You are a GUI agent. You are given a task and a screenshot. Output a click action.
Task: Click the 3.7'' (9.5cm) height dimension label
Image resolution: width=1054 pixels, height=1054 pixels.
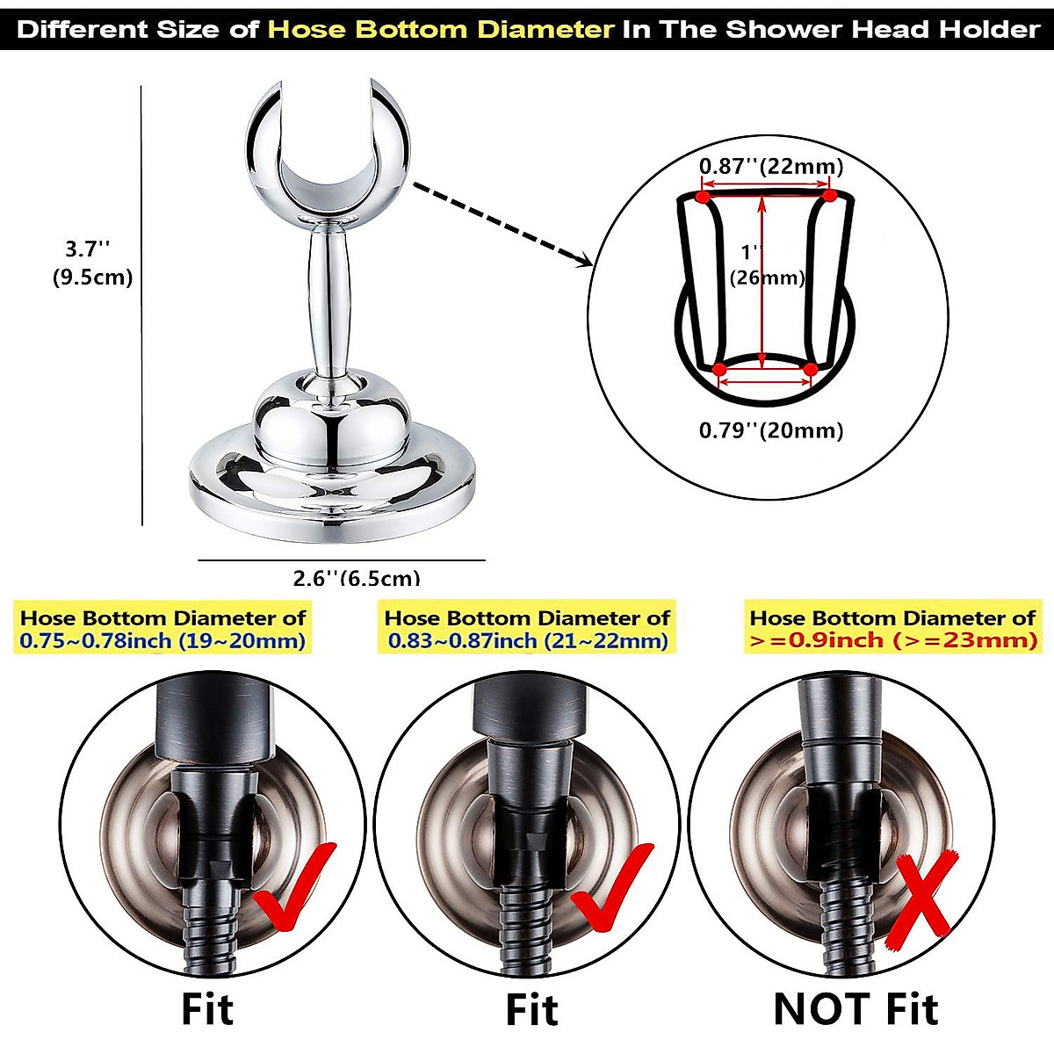(91, 263)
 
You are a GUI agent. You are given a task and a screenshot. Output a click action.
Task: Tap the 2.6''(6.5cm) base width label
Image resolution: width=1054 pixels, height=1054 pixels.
(356, 577)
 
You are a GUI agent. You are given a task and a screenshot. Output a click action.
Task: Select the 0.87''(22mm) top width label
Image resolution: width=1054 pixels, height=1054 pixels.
(770, 166)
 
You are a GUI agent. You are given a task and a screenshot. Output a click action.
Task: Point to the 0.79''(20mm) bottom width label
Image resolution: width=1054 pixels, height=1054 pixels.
(770, 430)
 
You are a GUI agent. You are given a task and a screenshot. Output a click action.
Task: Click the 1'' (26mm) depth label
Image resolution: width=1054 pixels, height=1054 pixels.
(767, 265)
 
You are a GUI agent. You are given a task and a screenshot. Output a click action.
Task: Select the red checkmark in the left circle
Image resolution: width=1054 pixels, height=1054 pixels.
(295, 887)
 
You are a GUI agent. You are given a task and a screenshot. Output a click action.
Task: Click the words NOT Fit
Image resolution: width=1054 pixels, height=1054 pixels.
(856, 1008)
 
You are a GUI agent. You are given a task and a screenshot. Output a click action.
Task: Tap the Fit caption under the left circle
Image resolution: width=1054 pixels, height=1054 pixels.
(207, 1008)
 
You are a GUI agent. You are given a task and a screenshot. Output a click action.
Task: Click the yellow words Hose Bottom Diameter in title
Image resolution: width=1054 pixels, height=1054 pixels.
(441, 29)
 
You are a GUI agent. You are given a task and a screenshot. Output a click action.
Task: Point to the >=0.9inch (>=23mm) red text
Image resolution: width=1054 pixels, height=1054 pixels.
(892, 640)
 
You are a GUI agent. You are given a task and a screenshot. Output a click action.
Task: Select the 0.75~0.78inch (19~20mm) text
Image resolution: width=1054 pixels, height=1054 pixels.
(163, 640)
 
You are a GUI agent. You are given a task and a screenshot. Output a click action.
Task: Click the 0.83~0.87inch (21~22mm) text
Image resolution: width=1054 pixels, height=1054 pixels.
(528, 640)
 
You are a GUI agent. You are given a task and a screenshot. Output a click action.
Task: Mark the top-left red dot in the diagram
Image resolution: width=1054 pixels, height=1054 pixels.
(703, 197)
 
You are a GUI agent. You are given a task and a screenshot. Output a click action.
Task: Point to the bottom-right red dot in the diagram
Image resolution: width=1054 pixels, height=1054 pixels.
(810, 370)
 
